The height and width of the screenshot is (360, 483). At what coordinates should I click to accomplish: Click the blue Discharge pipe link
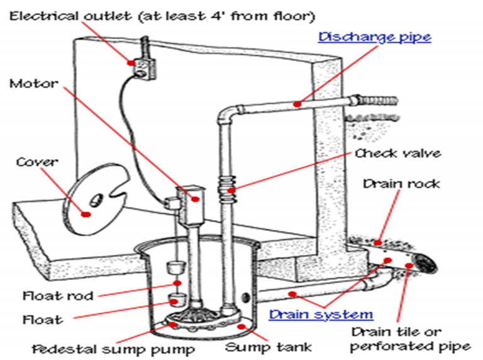375,37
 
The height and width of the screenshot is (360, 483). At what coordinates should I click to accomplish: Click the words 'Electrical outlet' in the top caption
59,13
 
